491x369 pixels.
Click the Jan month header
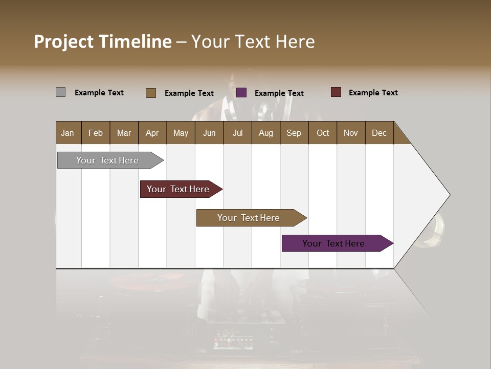68,133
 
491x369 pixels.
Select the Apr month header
152,133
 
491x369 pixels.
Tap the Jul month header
237,133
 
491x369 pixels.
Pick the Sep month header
294,133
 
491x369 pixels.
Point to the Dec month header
379,133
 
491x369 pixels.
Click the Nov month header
351,133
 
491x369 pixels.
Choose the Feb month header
96,133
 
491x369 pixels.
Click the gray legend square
60,92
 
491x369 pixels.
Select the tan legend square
151,93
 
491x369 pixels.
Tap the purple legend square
241,93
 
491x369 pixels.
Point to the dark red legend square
336,92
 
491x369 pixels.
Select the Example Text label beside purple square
279,93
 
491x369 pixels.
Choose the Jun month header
209,133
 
